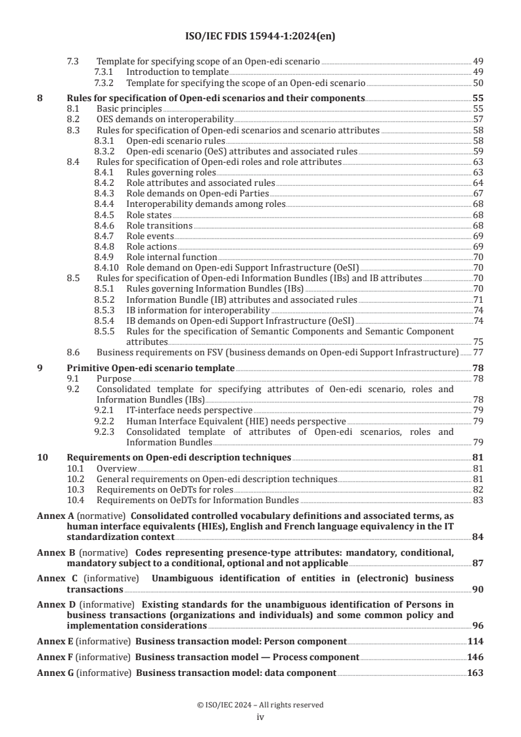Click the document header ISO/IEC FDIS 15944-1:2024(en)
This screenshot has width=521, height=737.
point(260,37)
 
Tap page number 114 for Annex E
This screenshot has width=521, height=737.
point(475,638)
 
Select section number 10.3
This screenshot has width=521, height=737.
point(77,490)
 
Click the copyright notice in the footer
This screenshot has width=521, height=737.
point(260,705)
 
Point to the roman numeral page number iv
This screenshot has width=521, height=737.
point(260,717)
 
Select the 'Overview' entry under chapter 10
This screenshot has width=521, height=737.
point(116,468)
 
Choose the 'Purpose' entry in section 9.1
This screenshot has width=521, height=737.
point(114,379)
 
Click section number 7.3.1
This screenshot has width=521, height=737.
point(105,71)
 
